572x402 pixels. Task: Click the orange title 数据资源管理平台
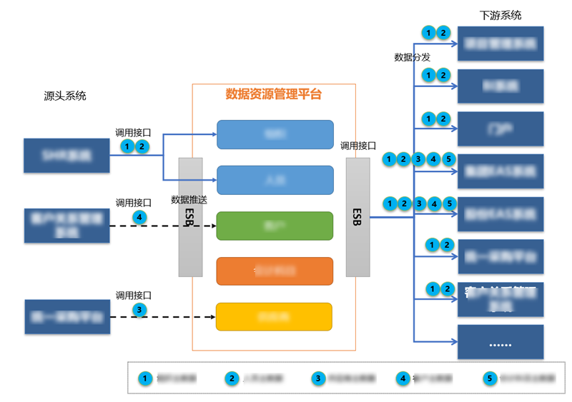pos(274,94)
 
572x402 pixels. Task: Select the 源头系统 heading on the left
pos(65,96)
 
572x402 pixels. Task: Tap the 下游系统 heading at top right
pos(500,15)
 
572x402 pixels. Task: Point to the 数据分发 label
pos(413,57)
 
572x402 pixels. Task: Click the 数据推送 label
pos(189,200)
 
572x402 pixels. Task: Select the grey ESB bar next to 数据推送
pos(190,217)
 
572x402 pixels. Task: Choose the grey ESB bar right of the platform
pos(357,217)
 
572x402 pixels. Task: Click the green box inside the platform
pos(275,226)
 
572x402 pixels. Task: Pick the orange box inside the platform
pos(275,271)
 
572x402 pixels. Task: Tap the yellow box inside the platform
pos(275,316)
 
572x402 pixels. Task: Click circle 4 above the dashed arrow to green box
pos(140,216)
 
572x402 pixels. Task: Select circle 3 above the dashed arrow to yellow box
pos(140,309)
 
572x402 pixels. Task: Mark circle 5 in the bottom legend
pos(490,378)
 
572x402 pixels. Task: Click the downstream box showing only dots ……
pos(500,343)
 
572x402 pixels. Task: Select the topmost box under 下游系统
pos(500,44)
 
